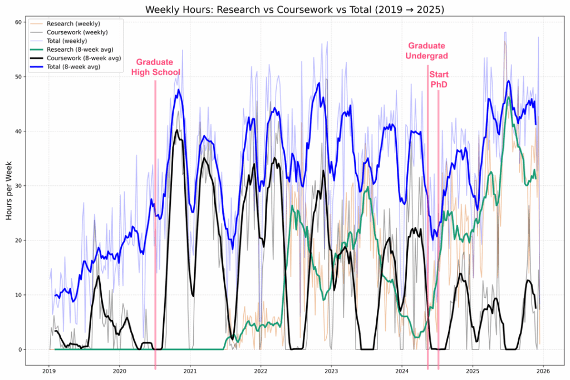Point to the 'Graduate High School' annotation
click(x=154, y=67)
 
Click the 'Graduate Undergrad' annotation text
click(x=427, y=51)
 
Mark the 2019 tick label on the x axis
click(x=48, y=371)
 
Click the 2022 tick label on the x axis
click(x=261, y=371)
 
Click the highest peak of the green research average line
click(x=508, y=98)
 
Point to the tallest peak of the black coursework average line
click(x=177, y=130)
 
